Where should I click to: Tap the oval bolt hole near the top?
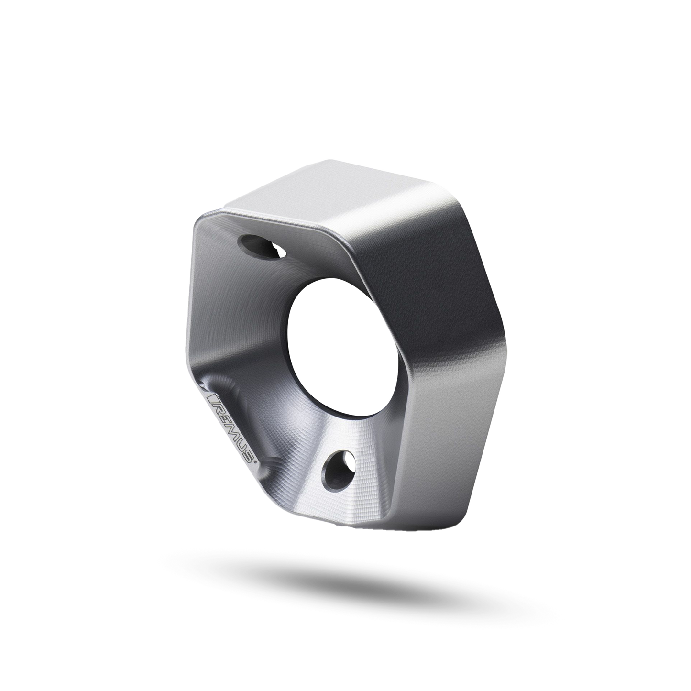(x=263, y=247)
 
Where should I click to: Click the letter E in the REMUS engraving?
(x=224, y=418)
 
